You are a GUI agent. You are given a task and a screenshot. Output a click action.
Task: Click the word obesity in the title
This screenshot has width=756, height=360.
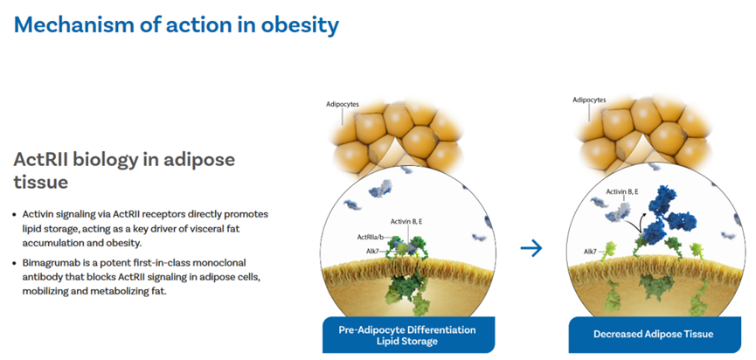pyautogui.click(x=300, y=25)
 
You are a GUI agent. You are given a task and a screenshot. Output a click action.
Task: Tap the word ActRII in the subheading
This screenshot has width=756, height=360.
pyautogui.click(x=40, y=160)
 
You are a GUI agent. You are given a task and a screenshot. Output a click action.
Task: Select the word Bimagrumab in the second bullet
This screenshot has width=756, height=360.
pyautogui.click(x=46, y=263)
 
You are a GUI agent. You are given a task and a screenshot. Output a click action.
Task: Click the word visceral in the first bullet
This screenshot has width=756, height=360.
pyautogui.click(x=208, y=229)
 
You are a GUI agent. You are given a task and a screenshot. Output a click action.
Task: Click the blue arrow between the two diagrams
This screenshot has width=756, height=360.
pyautogui.click(x=531, y=249)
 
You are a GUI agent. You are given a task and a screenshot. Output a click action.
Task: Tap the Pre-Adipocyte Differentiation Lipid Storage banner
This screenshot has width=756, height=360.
pyautogui.click(x=408, y=335)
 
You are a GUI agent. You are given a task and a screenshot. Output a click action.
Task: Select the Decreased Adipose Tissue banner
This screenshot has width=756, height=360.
pyautogui.click(x=655, y=335)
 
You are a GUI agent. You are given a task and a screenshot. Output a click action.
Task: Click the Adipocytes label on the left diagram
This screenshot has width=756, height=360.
pyautogui.click(x=342, y=104)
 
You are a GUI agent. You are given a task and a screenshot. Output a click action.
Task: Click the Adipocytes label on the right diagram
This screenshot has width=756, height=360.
pyautogui.click(x=589, y=100)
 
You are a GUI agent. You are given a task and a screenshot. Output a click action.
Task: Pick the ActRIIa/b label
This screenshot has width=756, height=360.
pyautogui.click(x=371, y=237)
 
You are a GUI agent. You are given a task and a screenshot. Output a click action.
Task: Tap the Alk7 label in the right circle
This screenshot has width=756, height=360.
pyautogui.click(x=588, y=251)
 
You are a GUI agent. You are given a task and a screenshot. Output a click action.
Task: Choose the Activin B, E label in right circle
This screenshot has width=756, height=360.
pyautogui.click(x=623, y=191)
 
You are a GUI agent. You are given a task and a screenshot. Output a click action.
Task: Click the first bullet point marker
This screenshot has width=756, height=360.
pyautogui.click(x=17, y=214)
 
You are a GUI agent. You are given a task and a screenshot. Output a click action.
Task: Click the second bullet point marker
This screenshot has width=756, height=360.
pyautogui.click(x=17, y=264)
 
